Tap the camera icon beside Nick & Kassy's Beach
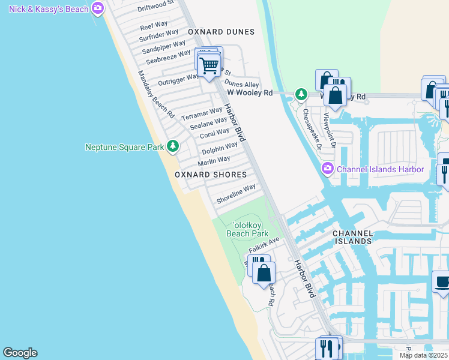click(98, 9)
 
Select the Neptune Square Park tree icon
click(173, 146)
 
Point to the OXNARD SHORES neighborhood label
click(211, 175)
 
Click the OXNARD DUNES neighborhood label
click(221, 32)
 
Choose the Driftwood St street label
click(155, 7)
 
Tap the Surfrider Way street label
click(158, 35)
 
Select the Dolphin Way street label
click(219, 148)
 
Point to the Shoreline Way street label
click(236, 194)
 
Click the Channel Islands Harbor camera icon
click(327, 169)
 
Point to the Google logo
click(20, 353)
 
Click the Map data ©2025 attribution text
click(424, 355)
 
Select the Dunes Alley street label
click(242, 85)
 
